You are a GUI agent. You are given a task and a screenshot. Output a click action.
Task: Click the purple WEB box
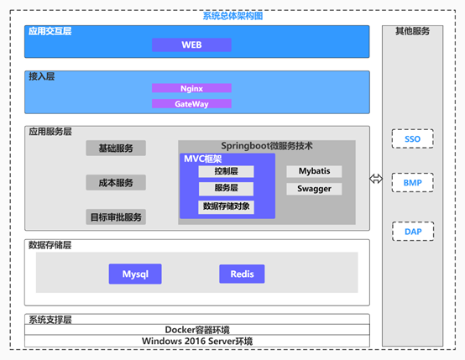point(191,44)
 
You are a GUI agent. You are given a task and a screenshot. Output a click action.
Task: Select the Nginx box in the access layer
point(191,88)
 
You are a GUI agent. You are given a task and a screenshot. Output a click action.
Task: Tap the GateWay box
point(191,103)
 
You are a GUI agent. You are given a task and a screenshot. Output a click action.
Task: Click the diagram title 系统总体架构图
point(232,16)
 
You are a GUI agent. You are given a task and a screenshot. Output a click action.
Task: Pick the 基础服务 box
point(116,148)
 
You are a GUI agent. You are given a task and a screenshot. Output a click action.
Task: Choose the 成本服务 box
point(116,182)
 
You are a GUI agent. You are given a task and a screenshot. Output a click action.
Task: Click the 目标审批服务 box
point(116,217)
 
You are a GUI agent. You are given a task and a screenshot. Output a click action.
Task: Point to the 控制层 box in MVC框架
point(226,171)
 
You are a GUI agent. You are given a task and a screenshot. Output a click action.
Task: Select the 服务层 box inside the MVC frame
point(226,189)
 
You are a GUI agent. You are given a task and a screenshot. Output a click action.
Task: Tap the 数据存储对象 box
point(226,206)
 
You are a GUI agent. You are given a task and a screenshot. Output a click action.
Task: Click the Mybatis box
point(314,171)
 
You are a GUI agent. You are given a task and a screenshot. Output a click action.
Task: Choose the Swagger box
point(314,189)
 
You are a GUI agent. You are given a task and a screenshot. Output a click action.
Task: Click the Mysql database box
point(135,274)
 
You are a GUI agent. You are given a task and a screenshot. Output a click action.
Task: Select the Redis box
point(242,274)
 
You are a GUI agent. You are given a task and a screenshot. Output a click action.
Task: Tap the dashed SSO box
point(412,138)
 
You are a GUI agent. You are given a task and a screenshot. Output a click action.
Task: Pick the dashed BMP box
point(412,182)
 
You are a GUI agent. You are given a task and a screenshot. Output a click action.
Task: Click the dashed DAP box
point(413,232)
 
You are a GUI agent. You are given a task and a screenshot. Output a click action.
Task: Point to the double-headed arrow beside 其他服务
point(376,179)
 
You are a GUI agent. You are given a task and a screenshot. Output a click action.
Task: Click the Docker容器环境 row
point(197,330)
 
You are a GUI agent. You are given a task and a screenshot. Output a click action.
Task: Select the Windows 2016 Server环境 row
point(197,341)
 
